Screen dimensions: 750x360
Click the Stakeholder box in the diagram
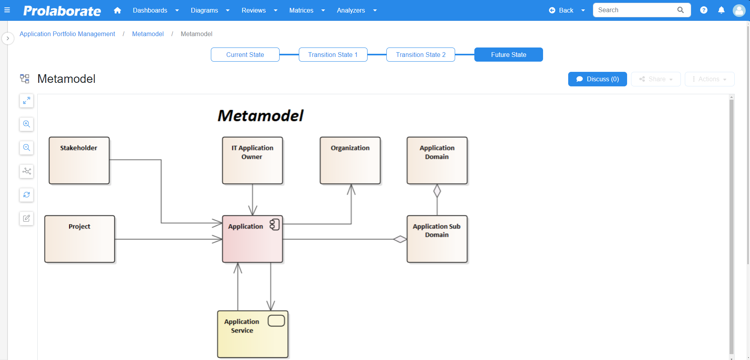(79, 160)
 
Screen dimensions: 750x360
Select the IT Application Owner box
(252, 160)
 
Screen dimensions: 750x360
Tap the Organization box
(350, 160)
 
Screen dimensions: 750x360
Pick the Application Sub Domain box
(437, 239)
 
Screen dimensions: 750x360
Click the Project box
(80, 239)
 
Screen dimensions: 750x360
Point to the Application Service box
(253, 334)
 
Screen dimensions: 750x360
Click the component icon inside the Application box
(274, 225)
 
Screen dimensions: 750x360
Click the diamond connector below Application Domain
(437, 191)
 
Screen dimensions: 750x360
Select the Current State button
(245, 55)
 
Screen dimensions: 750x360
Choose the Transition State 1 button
(333, 55)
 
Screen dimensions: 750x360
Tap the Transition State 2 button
(421, 55)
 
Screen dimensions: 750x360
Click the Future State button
(509, 55)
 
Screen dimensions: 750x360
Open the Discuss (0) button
(597, 79)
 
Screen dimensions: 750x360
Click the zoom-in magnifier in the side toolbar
(26, 124)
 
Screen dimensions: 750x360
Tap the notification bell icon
(721, 10)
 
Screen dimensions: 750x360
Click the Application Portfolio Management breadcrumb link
(67, 34)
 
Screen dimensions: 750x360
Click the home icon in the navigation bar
(117, 10)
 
